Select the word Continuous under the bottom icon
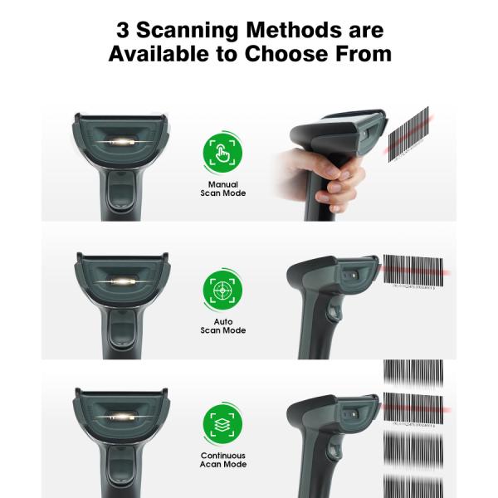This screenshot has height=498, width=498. tap(222, 456)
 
